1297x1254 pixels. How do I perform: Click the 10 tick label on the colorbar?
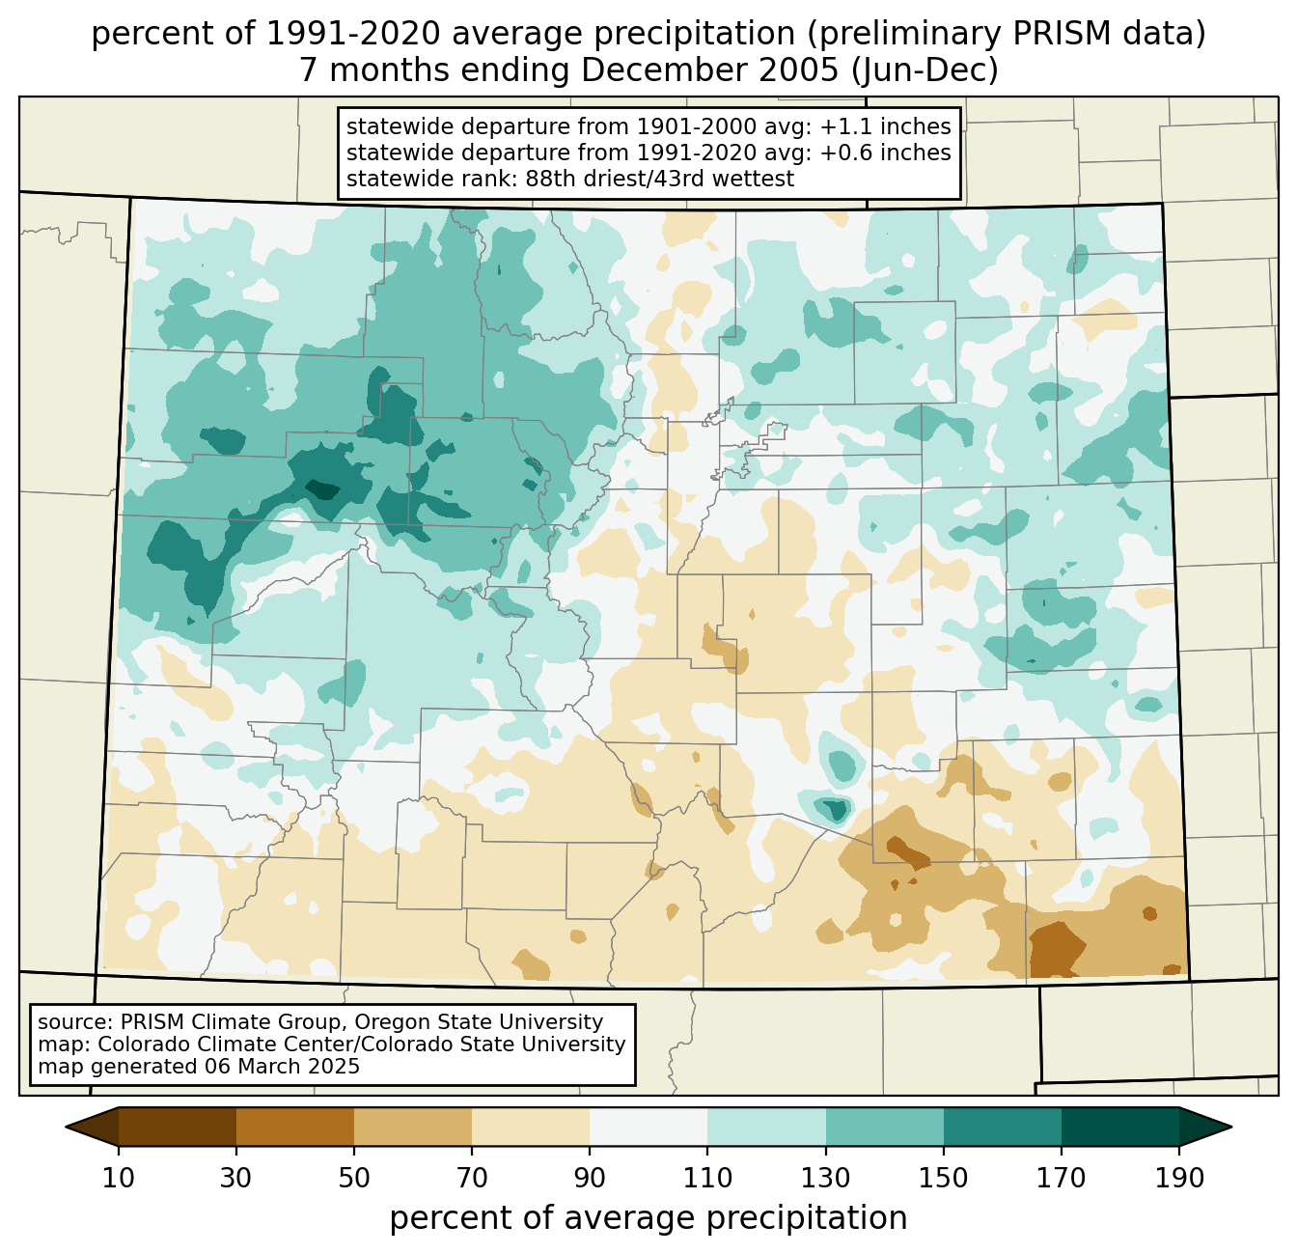[x=119, y=1179]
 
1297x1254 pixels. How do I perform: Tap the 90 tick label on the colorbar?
[x=590, y=1179]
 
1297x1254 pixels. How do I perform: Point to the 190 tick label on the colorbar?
[x=1179, y=1179]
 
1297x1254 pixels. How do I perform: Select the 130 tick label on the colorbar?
[x=826, y=1179]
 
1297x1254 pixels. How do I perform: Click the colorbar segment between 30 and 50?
[x=295, y=1127]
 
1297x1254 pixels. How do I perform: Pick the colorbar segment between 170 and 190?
[x=1120, y=1127]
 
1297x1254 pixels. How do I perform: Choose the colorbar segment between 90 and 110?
[x=648, y=1127]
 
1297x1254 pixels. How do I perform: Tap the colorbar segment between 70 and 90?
[x=531, y=1127]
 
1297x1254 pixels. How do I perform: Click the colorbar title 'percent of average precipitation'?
[x=648, y=1218]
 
